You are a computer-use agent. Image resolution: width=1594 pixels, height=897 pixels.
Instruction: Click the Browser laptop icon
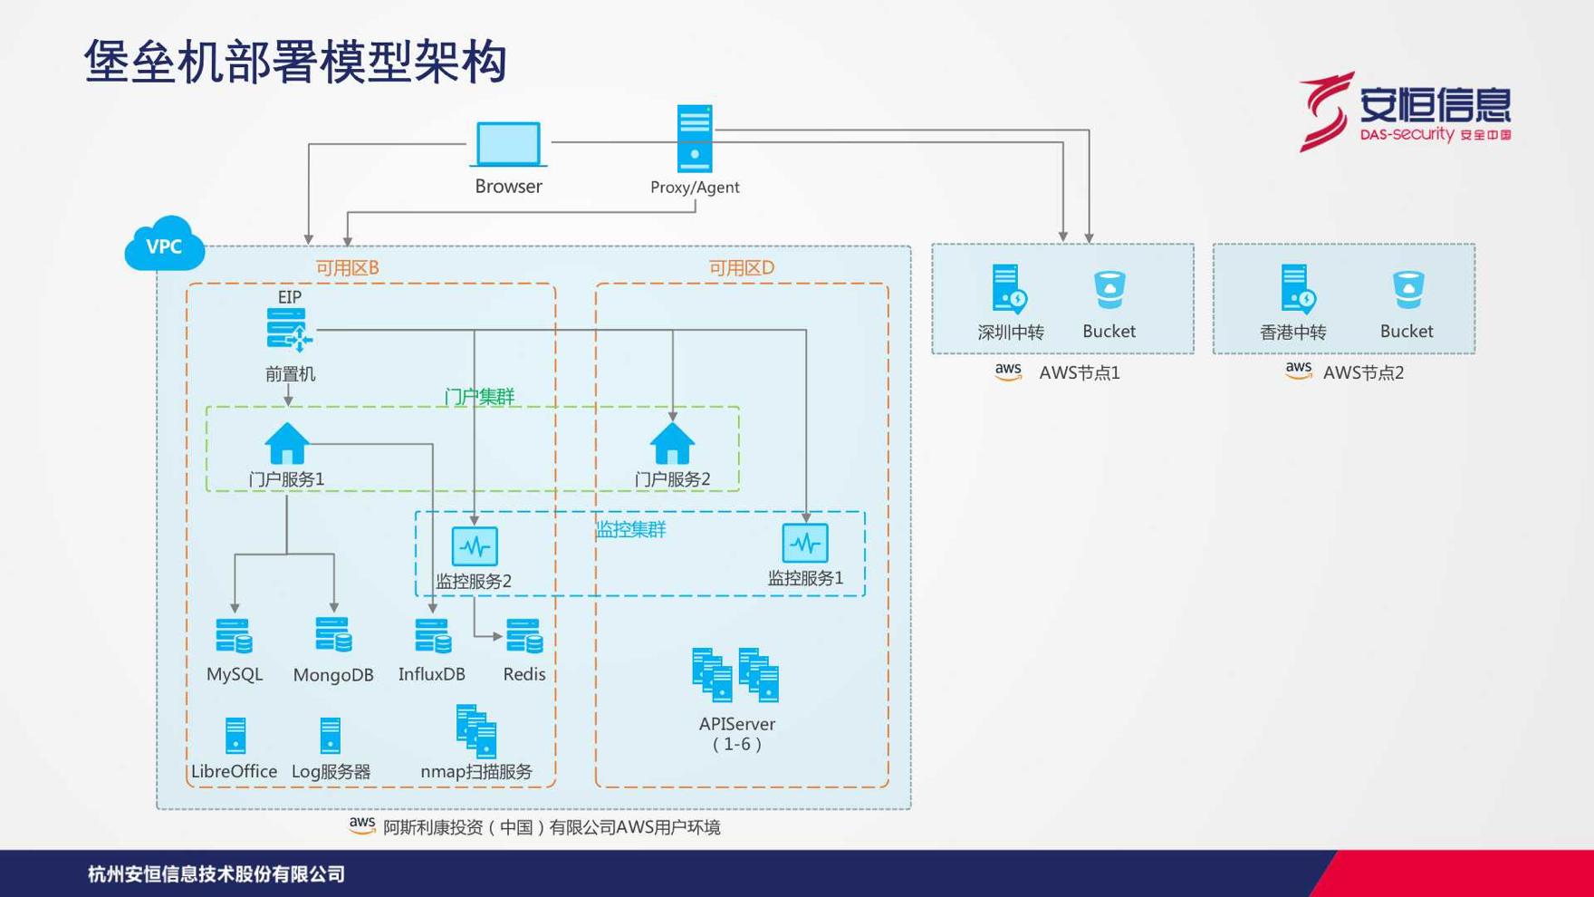coord(508,145)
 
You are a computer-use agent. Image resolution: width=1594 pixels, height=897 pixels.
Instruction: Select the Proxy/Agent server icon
coord(695,139)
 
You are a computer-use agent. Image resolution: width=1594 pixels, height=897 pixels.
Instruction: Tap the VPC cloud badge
coord(165,244)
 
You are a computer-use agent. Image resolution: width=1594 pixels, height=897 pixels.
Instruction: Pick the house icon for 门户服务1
coord(287,444)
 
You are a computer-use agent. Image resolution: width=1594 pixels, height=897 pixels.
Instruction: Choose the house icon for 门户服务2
coord(672,444)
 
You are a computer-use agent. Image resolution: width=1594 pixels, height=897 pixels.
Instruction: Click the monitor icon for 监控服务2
coord(475,546)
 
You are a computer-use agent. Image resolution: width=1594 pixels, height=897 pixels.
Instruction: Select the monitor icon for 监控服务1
coord(805,544)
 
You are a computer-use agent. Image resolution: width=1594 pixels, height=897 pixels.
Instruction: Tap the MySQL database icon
coord(235,636)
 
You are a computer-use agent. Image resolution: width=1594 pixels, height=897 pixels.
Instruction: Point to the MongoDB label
coord(333,675)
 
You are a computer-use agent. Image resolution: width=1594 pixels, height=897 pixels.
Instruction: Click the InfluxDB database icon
coord(433,636)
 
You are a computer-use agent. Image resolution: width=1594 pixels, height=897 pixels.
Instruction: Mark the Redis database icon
coord(524,636)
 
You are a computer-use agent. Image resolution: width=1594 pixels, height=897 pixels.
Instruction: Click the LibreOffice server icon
coord(235,736)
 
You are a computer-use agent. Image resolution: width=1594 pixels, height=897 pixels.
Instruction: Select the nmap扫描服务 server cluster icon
coord(477,730)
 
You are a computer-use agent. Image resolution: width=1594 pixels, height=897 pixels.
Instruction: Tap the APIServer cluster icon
coord(735,675)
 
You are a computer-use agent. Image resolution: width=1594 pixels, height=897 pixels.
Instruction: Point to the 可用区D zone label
coord(741,268)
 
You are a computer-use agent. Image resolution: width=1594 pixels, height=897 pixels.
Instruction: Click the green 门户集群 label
coord(479,397)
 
